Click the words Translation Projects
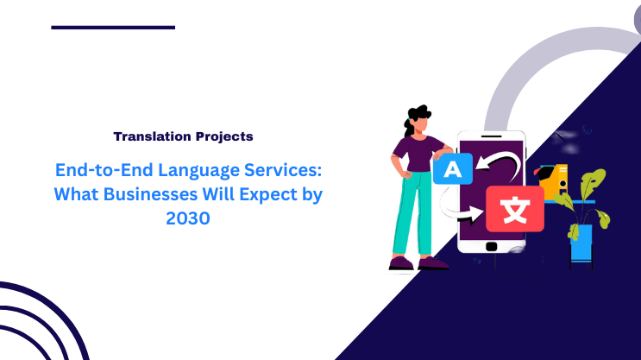(x=183, y=136)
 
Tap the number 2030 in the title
(x=187, y=218)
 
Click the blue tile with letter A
(x=448, y=167)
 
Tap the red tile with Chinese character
(x=514, y=208)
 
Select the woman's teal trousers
(x=412, y=212)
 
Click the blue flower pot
(x=581, y=243)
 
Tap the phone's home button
(x=492, y=244)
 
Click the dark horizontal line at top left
(x=113, y=28)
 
